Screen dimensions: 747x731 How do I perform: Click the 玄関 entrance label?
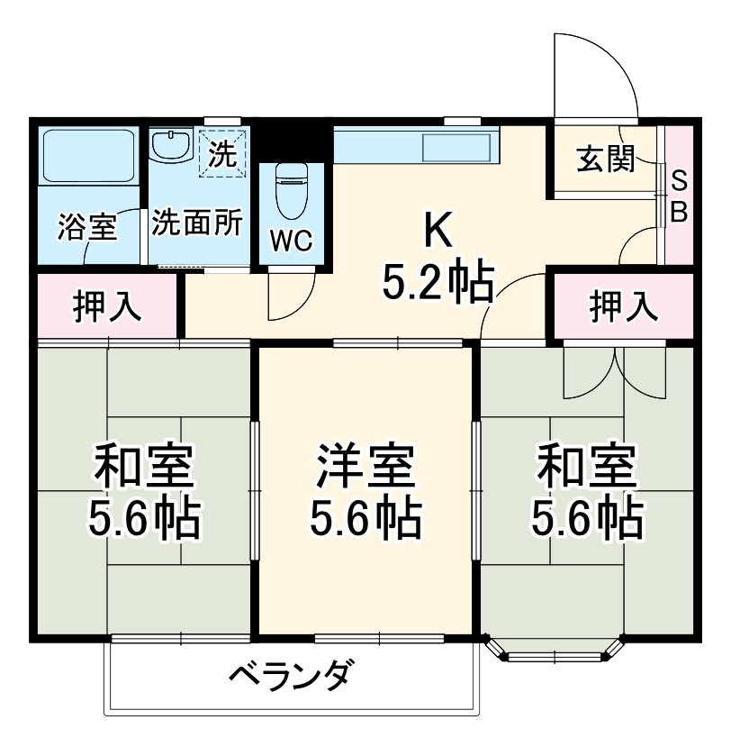(605, 160)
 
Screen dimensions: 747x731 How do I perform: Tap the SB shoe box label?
(681, 197)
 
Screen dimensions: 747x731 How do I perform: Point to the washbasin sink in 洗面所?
(171, 146)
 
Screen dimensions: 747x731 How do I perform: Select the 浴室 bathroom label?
(87, 227)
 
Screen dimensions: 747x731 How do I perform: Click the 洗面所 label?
(195, 223)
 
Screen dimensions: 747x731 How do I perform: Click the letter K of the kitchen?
(438, 233)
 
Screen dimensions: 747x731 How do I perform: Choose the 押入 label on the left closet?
(106, 307)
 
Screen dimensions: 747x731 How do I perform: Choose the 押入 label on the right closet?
(622, 307)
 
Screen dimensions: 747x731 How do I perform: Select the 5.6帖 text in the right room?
(587, 517)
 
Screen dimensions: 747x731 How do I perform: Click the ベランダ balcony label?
(288, 675)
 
